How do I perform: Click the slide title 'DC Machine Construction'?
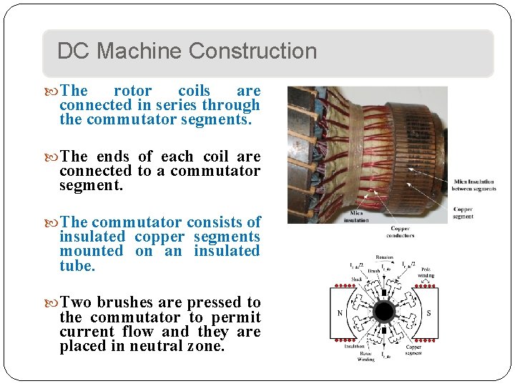(187, 51)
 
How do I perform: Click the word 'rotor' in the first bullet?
(132, 91)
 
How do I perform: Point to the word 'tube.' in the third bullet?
(77, 266)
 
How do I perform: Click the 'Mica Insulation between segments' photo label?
(474, 185)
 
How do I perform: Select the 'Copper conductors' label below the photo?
(400, 232)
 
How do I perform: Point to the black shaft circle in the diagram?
(384, 312)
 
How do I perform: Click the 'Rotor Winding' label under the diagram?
(366, 356)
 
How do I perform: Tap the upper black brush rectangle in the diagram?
(384, 292)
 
